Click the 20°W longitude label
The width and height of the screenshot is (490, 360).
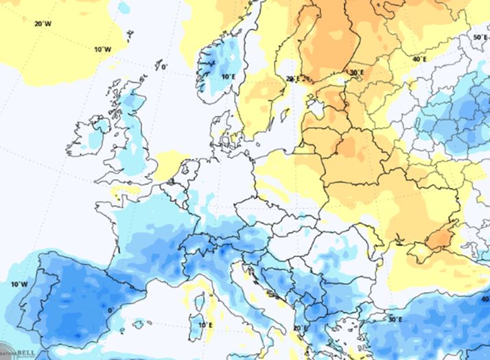pyautogui.click(x=43, y=24)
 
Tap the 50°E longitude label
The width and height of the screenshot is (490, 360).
pyautogui.click(x=480, y=37)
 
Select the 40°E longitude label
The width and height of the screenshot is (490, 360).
pyautogui.click(x=419, y=60)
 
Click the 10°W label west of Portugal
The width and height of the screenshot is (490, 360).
pyautogui.click(x=19, y=284)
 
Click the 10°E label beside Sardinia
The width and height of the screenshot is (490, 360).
pyautogui.click(x=204, y=324)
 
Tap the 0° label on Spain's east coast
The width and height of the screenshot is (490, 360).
pyautogui.click(x=110, y=309)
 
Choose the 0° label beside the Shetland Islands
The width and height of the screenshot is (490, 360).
pyautogui.click(x=163, y=67)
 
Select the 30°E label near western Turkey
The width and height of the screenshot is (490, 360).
pyautogui.click(x=395, y=320)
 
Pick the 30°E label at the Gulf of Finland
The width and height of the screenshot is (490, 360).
pyautogui.click(x=357, y=72)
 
